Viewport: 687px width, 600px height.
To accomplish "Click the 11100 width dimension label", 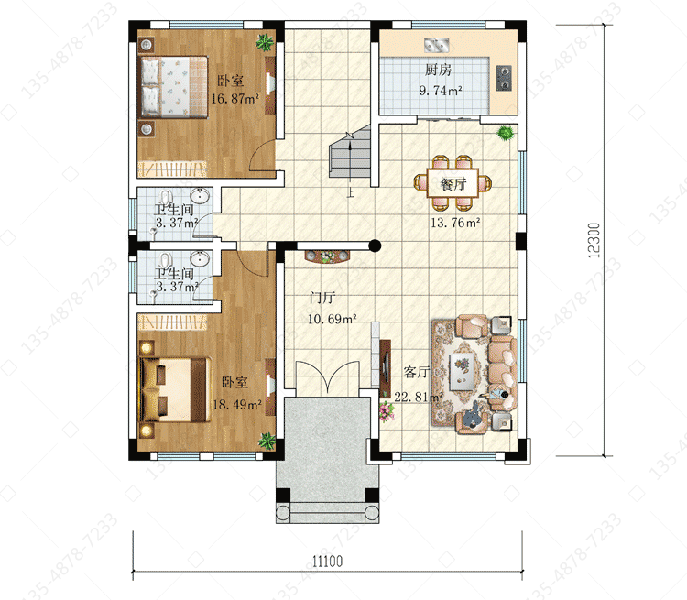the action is [327, 561].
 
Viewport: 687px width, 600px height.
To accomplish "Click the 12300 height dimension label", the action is [594, 240].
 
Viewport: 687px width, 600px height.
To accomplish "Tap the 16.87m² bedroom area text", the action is [234, 99].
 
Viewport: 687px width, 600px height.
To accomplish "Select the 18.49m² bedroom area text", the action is [237, 405].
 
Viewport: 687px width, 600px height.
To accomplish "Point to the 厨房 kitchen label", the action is [438, 70].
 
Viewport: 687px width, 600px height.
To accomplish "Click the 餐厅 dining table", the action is [453, 183].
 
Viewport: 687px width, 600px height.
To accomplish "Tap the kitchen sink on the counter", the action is [436, 45].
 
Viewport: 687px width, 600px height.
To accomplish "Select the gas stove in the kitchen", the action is [504, 78].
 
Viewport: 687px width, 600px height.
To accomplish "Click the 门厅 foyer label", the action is [322, 298].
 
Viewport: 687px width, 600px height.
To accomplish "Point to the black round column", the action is [375, 245].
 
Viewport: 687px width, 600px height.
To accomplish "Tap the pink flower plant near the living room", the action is [386, 411].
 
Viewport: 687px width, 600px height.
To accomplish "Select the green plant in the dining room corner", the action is [505, 132].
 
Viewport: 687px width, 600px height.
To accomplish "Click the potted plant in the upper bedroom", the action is [264, 42].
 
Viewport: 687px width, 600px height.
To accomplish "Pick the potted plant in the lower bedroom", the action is [267, 441].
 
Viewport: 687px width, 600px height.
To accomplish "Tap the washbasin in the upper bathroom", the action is [201, 195].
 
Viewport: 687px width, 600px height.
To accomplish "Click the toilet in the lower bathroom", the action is [166, 259].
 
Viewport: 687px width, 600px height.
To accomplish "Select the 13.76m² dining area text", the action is [455, 223].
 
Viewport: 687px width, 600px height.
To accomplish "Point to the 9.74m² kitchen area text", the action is [441, 91].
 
